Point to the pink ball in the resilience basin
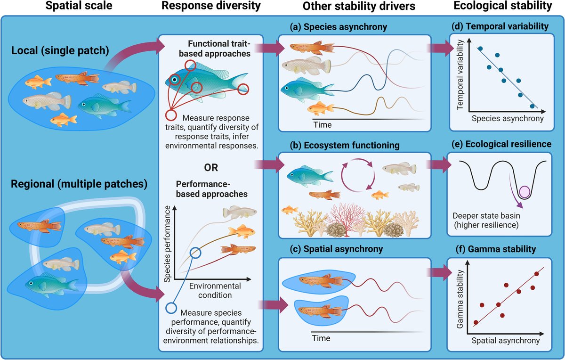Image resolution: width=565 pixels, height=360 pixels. click(524, 192)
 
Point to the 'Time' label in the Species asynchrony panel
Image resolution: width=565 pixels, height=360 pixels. click(323, 125)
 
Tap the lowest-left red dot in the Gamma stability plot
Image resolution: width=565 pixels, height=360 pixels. click(476, 322)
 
